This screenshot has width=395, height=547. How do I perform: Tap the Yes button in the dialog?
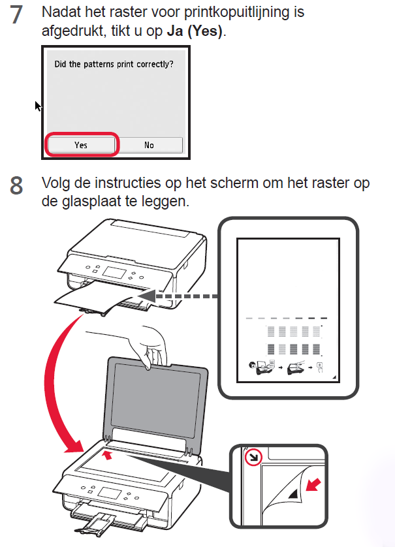pyautogui.click(x=82, y=145)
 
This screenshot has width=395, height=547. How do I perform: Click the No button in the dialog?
pyautogui.click(x=149, y=145)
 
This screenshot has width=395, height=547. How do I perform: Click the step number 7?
pyautogui.click(x=16, y=16)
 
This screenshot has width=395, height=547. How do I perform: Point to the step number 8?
pyautogui.click(x=16, y=185)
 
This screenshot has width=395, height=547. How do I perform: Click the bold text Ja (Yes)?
pyautogui.click(x=195, y=31)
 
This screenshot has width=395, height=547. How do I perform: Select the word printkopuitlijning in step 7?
pyautogui.click(x=237, y=12)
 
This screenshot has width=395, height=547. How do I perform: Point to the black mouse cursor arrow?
pyautogui.click(x=38, y=106)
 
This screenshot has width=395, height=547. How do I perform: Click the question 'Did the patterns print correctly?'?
pyautogui.click(x=114, y=64)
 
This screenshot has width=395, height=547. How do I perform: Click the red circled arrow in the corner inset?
pyautogui.click(x=253, y=457)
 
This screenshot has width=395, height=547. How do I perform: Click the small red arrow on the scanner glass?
pyautogui.click(x=108, y=454)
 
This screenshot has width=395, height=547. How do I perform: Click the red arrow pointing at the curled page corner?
pyautogui.click(x=313, y=484)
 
